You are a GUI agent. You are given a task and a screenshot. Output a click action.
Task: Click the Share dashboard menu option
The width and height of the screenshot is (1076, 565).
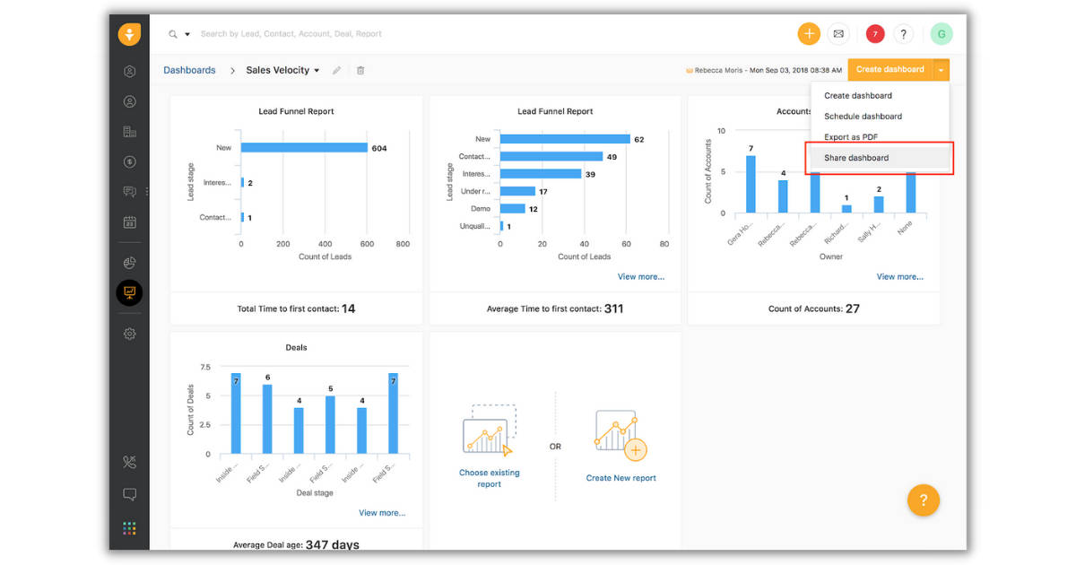coord(856,158)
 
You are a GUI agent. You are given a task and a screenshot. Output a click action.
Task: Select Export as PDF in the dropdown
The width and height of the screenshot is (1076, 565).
coord(850,137)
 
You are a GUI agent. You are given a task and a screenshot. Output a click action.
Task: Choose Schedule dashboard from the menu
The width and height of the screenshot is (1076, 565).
coord(863,117)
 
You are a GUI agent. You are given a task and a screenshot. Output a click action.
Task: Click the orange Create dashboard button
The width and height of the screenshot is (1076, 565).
coord(889,69)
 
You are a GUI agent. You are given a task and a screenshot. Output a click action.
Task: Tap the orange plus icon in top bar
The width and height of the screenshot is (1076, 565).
coord(809,34)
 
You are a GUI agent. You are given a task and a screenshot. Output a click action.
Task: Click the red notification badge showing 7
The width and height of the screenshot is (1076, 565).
coord(875,34)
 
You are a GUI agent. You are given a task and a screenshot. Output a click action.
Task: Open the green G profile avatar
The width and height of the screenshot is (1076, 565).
coord(941,34)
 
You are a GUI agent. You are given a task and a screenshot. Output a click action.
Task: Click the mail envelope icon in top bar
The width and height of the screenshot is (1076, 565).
coord(838,34)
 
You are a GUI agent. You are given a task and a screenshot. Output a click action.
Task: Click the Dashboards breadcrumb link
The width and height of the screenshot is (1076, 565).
coord(189,70)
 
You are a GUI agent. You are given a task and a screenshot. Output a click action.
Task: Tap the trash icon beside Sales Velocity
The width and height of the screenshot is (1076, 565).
coord(360,70)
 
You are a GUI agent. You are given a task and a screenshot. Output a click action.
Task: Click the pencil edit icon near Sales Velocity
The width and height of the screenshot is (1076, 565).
coord(337,70)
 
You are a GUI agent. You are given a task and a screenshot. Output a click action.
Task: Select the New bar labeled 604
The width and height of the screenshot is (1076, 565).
coord(304,148)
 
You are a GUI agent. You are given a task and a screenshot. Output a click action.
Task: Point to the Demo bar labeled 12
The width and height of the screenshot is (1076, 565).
coord(513,208)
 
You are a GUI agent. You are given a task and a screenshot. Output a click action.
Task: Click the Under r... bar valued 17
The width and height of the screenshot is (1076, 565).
coord(517,191)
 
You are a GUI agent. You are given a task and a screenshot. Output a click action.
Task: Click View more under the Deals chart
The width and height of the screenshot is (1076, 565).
coord(382,513)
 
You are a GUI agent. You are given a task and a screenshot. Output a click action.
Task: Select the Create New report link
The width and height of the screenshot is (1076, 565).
coord(620,478)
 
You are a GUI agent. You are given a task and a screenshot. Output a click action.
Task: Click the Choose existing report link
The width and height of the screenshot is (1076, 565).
coord(489,478)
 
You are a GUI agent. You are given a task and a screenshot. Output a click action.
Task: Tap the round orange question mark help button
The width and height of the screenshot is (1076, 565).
coord(923,500)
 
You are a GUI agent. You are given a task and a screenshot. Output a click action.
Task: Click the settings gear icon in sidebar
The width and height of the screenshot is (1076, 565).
coord(130,334)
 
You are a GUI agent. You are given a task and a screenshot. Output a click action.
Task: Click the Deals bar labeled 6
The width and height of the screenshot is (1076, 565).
coord(267,419)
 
